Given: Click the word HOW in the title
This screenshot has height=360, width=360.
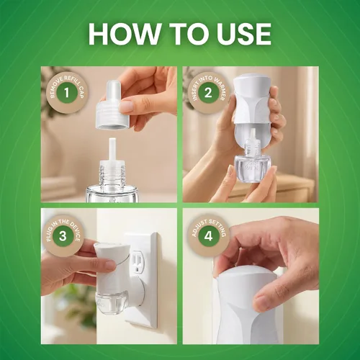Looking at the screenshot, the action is tap(124, 34).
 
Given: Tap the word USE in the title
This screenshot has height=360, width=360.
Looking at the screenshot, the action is tap(243, 34).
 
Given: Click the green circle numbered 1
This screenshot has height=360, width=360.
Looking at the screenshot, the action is tap(67, 92).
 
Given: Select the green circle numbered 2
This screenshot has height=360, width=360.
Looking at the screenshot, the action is tap(208, 92).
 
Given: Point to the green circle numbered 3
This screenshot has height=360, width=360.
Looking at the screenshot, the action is tap(63, 235).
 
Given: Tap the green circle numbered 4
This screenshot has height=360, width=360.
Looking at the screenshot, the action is tap(208, 235).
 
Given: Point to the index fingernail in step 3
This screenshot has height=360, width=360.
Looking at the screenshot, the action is tap(111, 265).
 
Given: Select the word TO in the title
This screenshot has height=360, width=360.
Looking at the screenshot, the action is tap(188, 34).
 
